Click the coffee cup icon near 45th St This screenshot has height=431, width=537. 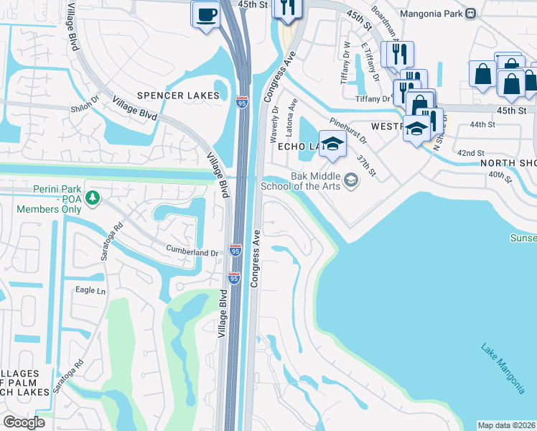point(207,14)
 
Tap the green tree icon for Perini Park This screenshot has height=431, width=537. point(92,197)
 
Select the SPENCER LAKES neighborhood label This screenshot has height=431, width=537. point(178,96)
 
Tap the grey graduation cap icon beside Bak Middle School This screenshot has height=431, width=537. point(351,180)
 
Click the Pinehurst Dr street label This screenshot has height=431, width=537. point(348,130)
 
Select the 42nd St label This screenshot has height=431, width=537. point(471,153)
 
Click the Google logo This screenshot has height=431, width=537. point(24,422)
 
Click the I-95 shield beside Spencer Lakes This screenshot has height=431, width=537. point(242,103)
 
